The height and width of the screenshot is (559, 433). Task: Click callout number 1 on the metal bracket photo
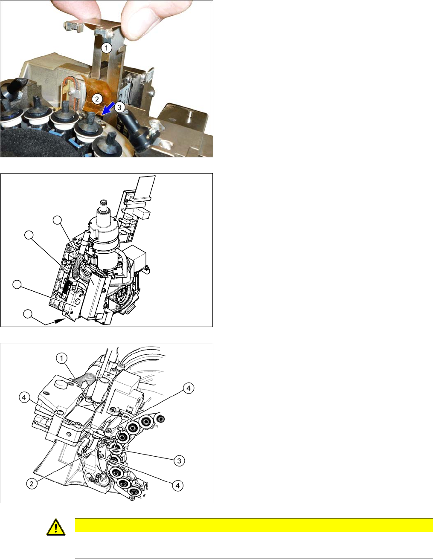[x=106, y=48]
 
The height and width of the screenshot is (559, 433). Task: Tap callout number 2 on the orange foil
[x=97, y=99]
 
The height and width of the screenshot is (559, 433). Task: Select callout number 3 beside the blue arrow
[x=119, y=107]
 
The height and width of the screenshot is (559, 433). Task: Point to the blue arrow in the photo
[x=108, y=108]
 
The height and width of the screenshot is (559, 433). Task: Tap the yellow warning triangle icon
[x=56, y=527]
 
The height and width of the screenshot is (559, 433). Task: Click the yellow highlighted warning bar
[x=254, y=525]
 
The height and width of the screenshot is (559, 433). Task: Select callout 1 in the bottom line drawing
[x=61, y=358]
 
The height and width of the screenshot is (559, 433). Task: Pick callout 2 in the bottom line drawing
[x=32, y=484]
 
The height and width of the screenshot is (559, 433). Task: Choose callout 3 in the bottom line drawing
[x=179, y=461]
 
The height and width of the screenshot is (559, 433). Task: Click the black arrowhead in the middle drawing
[x=60, y=320]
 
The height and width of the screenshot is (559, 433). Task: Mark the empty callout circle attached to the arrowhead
[x=28, y=314]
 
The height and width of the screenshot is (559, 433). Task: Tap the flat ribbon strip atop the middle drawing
[x=146, y=187]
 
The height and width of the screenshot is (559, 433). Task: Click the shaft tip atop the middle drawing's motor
[x=104, y=202]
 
